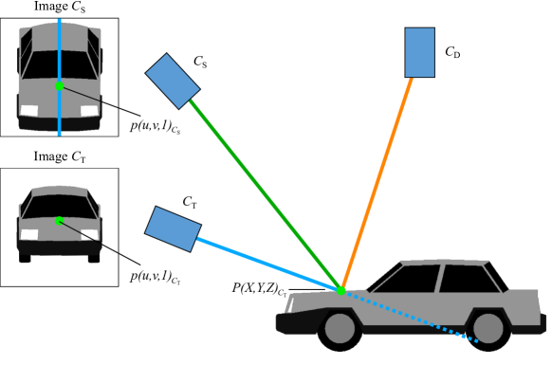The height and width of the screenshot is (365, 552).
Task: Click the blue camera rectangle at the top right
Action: pos(419,52)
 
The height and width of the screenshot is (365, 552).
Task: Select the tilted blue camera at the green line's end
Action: pos(173,81)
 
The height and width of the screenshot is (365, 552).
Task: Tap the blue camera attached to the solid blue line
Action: pos(173,228)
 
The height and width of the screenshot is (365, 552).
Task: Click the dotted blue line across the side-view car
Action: pos(417,317)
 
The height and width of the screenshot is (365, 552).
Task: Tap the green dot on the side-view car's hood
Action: pos(341,290)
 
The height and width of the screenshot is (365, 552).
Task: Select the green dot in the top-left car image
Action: pos(59,86)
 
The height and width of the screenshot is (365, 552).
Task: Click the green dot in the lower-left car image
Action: pos(59,221)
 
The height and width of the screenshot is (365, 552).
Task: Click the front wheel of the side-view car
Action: pos(339,329)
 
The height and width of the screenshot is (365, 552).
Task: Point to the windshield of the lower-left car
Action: pos(59,206)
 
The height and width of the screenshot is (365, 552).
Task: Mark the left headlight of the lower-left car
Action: pos(28,234)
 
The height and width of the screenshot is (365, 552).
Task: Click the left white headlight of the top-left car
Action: pos(29,111)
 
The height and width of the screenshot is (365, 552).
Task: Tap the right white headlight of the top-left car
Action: pos(89,111)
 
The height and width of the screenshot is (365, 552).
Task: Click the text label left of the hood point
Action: pos(276,288)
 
